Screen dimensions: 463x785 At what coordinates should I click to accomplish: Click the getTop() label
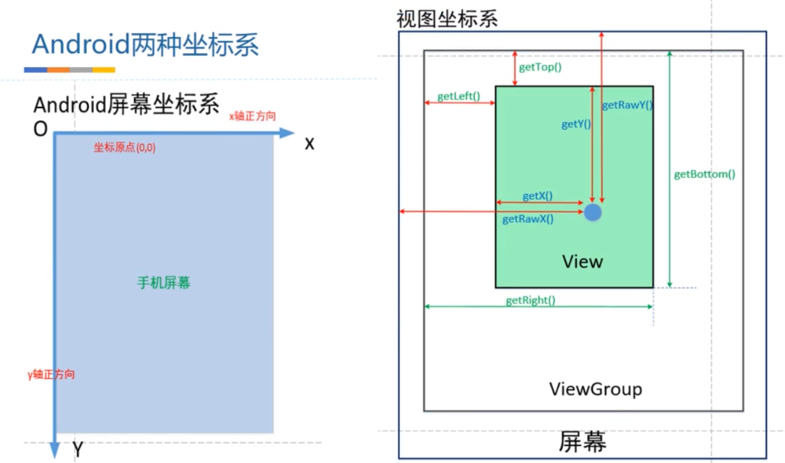click(540, 67)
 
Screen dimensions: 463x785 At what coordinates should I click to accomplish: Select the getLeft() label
click(458, 96)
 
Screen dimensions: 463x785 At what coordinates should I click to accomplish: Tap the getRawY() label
click(627, 105)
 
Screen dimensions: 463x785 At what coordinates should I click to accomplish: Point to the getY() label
click(576, 124)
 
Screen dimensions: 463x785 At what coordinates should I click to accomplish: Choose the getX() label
click(537, 196)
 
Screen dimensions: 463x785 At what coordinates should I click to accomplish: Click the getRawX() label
click(528, 219)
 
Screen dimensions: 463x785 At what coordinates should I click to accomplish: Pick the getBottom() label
click(704, 174)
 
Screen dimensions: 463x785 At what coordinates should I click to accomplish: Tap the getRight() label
click(530, 300)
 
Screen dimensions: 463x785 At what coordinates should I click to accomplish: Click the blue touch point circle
click(593, 212)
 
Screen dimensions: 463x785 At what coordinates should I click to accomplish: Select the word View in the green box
click(582, 262)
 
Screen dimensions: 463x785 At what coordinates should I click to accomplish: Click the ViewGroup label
click(596, 389)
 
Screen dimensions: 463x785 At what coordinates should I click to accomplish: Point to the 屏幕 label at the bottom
click(582, 442)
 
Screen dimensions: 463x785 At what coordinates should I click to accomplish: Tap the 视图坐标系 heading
click(447, 19)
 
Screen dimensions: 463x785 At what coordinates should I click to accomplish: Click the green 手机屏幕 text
click(164, 283)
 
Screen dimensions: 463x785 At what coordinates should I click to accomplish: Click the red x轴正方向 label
click(253, 116)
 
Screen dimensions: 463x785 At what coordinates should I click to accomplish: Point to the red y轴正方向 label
click(51, 375)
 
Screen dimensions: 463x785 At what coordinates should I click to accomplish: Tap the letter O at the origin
click(40, 129)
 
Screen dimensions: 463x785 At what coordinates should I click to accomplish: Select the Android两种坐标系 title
click(145, 44)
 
